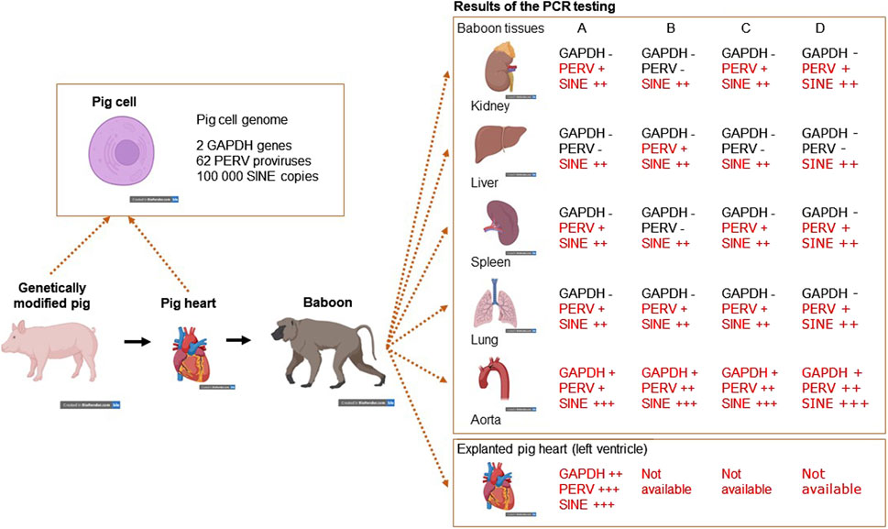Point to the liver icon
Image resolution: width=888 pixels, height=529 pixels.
[x=499, y=145]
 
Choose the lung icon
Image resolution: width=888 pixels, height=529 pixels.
[x=499, y=301]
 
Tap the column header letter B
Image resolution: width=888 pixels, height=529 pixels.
[x=671, y=28]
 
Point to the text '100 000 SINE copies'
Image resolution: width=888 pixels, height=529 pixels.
[x=258, y=175]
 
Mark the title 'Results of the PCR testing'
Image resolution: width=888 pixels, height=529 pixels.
[x=533, y=7]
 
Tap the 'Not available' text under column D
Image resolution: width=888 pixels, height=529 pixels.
[x=831, y=481]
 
